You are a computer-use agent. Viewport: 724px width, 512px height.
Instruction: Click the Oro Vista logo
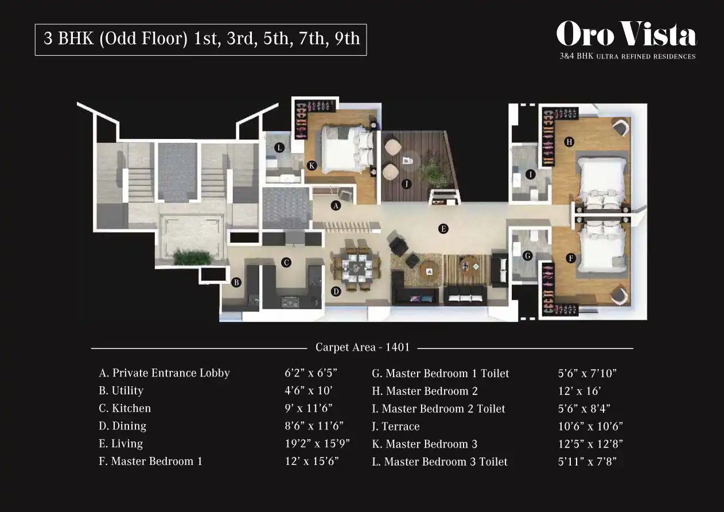(x=626, y=40)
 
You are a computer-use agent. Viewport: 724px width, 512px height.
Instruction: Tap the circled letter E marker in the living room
(x=443, y=229)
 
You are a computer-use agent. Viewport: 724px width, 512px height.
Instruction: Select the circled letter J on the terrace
(x=406, y=184)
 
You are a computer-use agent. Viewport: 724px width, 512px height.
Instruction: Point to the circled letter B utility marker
(x=236, y=282)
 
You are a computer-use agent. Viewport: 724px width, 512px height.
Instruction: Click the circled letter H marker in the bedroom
(x=569, y=142)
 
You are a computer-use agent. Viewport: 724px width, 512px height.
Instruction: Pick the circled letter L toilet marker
(x=279, y=148)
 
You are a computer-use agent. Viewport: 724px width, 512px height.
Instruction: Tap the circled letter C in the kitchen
(x=286, y=262)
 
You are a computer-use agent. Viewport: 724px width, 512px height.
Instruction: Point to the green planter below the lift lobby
(x=192, y=258)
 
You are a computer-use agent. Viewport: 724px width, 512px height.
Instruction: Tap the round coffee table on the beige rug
(x=429, y=270)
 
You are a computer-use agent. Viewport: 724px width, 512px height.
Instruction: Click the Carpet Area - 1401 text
(x=363, y=347)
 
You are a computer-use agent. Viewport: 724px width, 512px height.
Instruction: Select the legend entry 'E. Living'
(x=121, y=444)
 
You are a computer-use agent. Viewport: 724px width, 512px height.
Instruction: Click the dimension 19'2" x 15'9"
(x=317, y=444)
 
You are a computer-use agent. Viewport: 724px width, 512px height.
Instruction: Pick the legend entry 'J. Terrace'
(x=396, y=426)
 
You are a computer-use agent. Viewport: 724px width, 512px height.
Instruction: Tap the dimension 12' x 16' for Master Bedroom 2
(x=579, y=391)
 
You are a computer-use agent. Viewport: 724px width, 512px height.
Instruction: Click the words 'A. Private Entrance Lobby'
(x=164, y=373)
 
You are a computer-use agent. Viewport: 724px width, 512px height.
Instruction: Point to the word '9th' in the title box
(x=347, y=38)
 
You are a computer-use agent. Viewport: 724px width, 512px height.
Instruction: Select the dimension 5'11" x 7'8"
(x=587, y=461)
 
